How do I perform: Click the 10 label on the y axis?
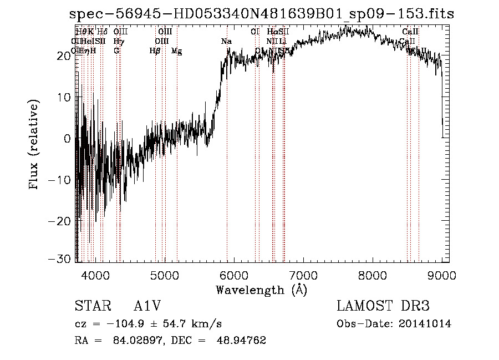(65, 97)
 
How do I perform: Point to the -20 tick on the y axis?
(62, 220)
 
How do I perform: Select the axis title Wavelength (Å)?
(261, 290)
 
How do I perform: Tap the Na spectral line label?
(226, 42)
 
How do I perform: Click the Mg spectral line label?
(176, 51)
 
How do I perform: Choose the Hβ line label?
(155, 51)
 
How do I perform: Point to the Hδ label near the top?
(102, 32)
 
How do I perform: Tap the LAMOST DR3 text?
(383, 306)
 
